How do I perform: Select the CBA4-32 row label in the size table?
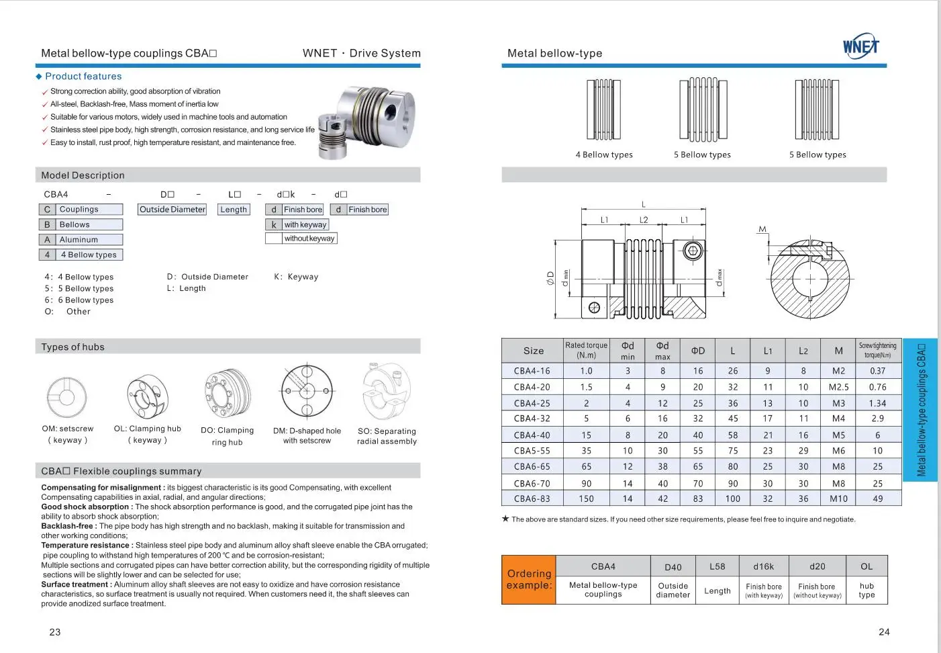[532, 419]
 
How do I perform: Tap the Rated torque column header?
[586, 350]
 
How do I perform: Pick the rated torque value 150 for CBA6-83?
[586, 499]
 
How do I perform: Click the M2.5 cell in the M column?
[838, 387]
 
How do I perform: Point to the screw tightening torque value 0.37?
[877, 371]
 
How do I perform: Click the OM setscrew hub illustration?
[67, 396]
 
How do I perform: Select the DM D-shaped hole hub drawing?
[307, 392]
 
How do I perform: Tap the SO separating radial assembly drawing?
[386, 392]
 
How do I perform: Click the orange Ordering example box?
[529, 580]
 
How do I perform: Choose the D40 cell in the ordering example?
[673, 567]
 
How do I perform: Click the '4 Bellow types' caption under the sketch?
[604, 155]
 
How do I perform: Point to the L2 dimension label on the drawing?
[644, 220]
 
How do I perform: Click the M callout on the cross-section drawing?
[762, 229]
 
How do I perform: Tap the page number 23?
[55, 632]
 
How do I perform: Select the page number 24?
[884, 632]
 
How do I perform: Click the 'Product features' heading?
[83, 77]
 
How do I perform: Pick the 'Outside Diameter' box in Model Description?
[172, 210]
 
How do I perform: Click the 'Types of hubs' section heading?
[73, 347]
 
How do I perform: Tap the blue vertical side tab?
[921, 410]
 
